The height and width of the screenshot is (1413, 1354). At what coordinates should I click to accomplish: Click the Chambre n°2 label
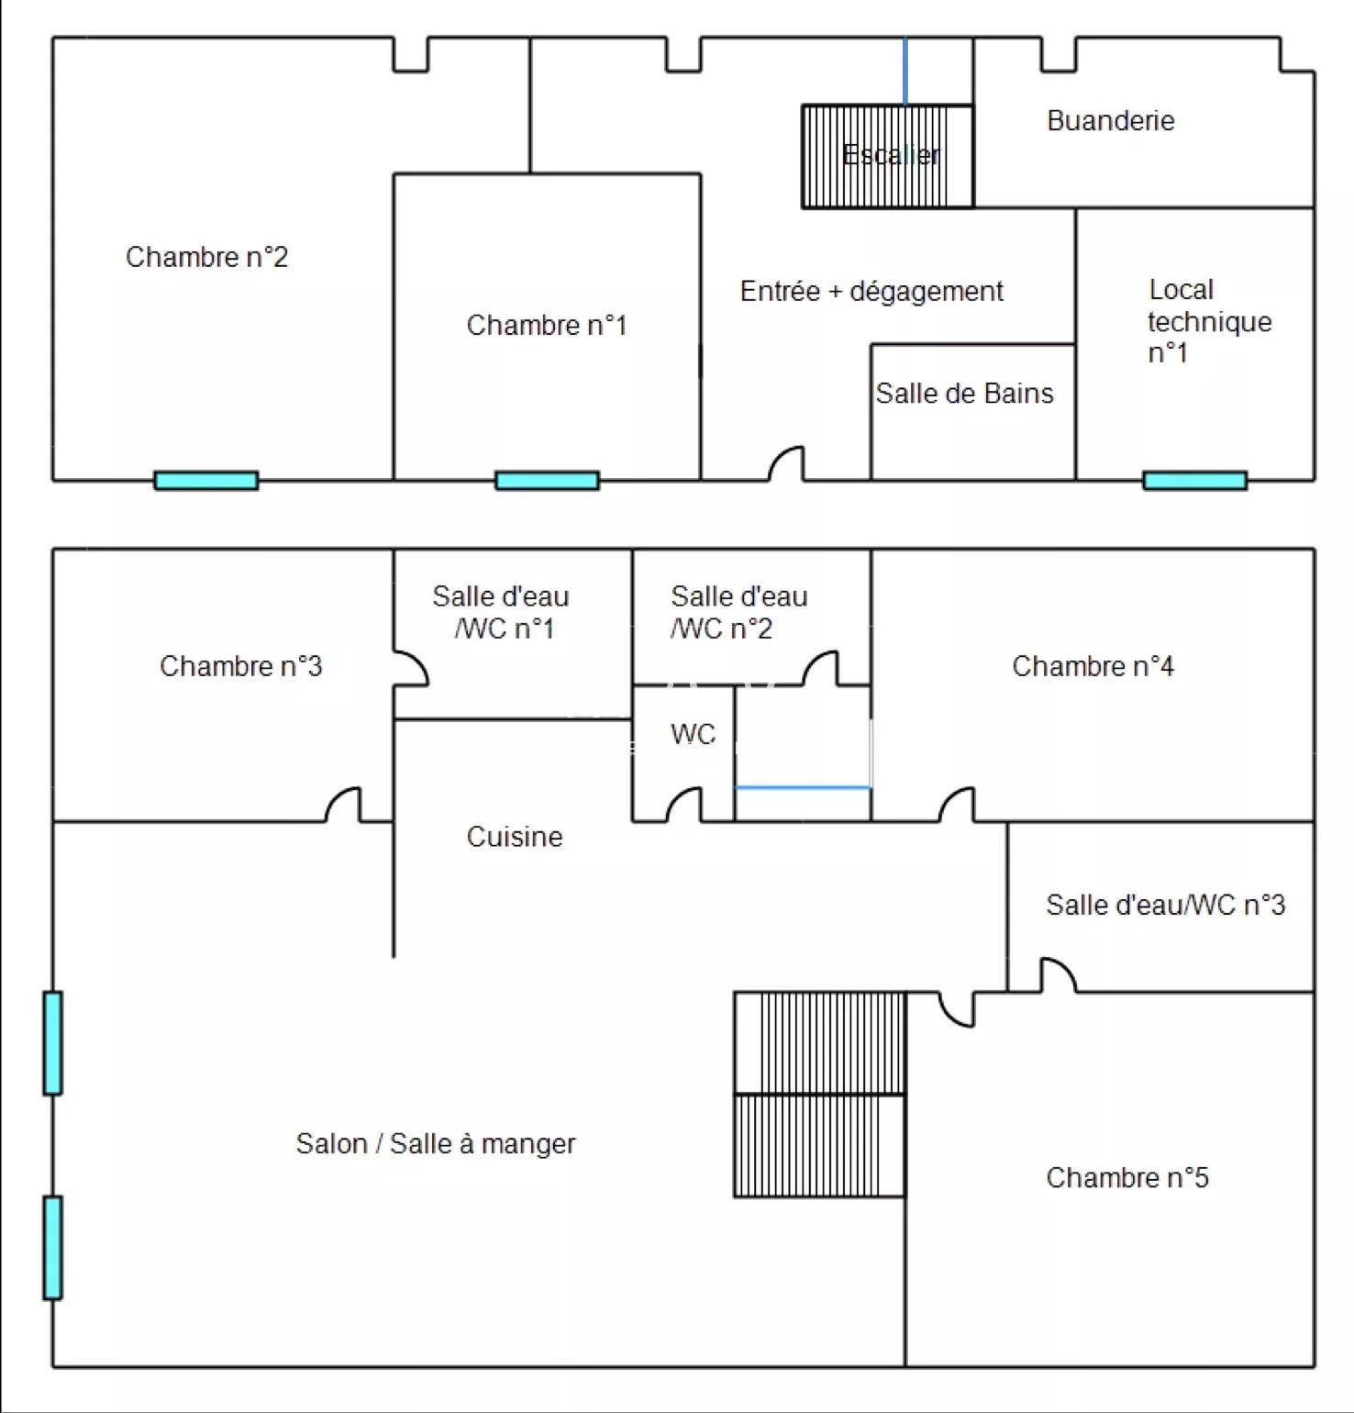[x=206, y=257]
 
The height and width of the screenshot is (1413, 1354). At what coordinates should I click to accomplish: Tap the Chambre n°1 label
[x=546, y=325]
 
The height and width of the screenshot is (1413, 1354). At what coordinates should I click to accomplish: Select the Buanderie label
[x=1110, y=121]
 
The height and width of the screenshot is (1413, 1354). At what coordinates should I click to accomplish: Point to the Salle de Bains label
[x=964, y=394]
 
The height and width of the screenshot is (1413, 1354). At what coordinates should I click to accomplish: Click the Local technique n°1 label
[x=1208, y=321]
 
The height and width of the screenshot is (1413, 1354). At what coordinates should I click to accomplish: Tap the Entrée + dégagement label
[x=871, y=292]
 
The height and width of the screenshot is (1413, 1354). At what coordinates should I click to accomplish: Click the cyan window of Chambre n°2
[x=206, y=480]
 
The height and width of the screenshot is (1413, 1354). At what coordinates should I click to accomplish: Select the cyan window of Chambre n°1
[x=547, y=480]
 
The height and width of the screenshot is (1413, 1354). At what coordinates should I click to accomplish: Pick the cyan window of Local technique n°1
[x=1194, y=480]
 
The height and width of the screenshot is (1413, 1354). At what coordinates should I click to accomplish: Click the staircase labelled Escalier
[x=887, y=156]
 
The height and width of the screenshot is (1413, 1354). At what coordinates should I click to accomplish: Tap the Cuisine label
[x=514, y=837]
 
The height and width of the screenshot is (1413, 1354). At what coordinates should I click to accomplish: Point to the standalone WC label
[x=693, y=734]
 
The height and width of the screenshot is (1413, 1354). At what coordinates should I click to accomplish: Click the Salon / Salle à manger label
[x=435, y=1144]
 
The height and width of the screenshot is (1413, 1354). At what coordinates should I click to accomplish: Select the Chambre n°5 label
[x=1126, y=1178]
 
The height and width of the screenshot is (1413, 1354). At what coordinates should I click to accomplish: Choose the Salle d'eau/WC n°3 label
[x=1165, y=906]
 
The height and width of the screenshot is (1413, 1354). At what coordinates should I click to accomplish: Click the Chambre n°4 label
[x=1092, y=666]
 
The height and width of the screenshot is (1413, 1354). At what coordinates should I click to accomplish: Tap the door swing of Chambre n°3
[x=344, y=805]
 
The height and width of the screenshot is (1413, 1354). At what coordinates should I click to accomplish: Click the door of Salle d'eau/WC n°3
[x=1058, y=974]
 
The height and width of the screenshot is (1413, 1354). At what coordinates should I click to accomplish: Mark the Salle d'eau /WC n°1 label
[x=501, y=612]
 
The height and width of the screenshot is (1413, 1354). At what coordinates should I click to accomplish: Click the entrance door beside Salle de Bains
[x=786, y=463]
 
